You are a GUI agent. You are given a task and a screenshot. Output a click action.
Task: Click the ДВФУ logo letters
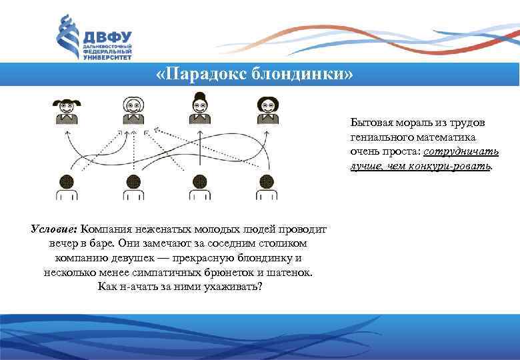107,36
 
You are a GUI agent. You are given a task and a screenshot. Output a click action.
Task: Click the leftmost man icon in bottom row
67,186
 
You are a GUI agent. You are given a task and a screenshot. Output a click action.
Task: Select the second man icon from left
133,186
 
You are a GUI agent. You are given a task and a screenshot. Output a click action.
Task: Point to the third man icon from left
200,186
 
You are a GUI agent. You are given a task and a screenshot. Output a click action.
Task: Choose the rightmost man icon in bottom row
267,186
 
